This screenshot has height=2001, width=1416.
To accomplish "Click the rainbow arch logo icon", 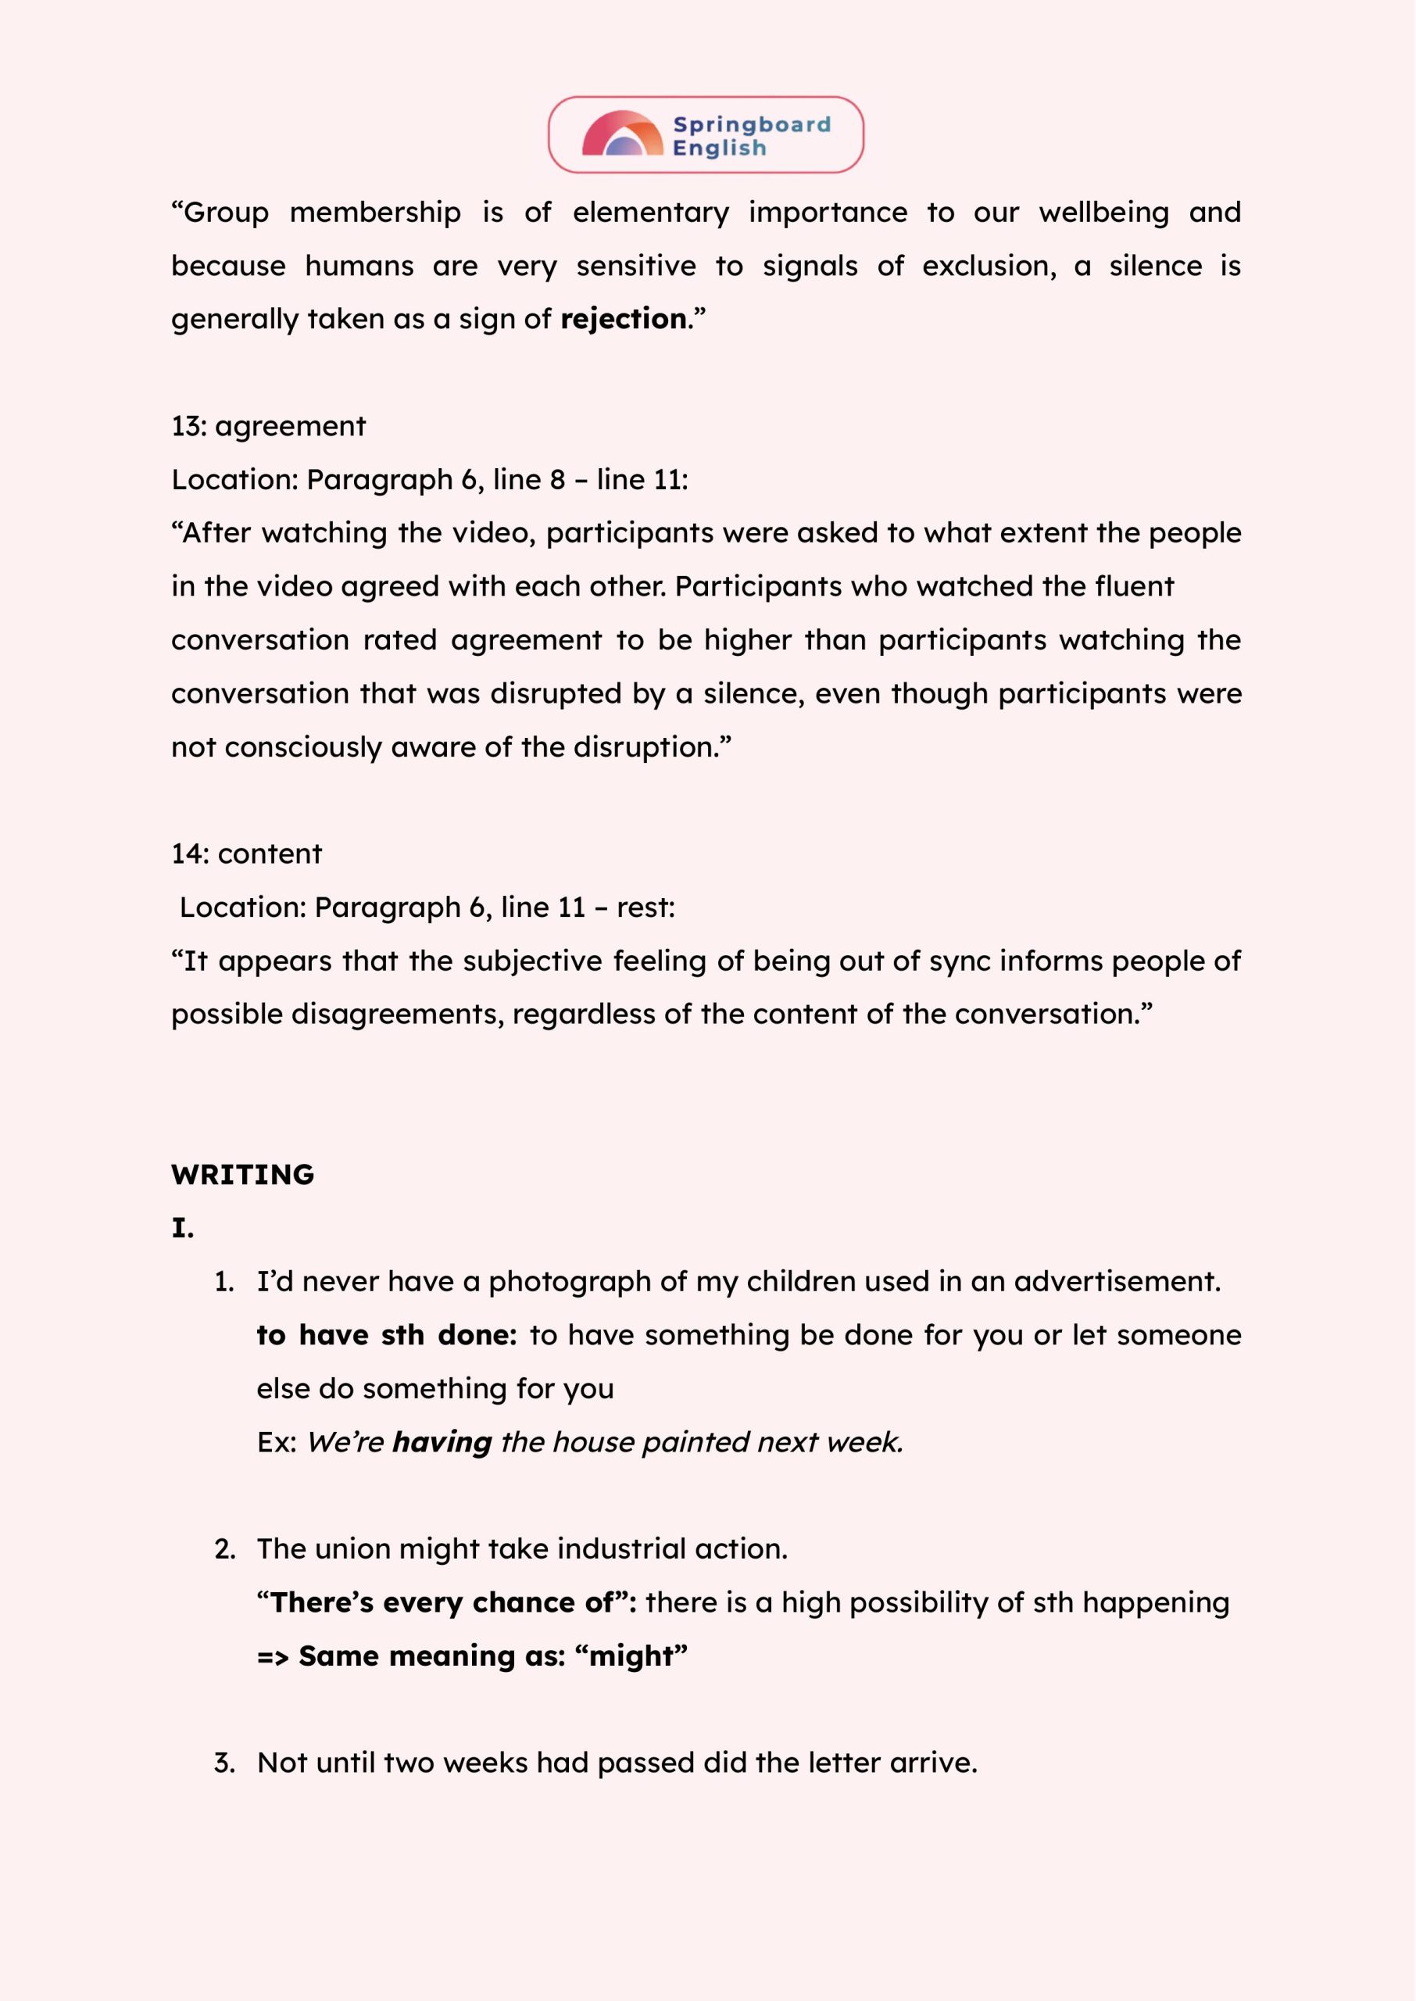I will tap(622, 134).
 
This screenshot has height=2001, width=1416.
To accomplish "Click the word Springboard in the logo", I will tap(752, 125).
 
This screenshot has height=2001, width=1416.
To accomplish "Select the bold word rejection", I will tap(624, 319).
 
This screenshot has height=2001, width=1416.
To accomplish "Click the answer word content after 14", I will tap(270, 854).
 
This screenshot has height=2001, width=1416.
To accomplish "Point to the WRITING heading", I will tap(242, 1175).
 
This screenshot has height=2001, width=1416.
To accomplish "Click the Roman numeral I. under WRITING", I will tap(182, 1229).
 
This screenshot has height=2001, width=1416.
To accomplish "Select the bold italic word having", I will tap(442, 1442).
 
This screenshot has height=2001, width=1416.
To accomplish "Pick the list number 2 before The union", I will tap(224, 1549).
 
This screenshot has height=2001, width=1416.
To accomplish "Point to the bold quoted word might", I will tap(631, 1656).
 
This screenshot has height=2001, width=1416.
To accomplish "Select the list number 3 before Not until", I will tap(224, 1763).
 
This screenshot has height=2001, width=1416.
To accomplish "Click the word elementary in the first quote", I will tap(650, 213).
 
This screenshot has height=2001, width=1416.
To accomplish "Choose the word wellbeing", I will tap(1103, 213).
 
